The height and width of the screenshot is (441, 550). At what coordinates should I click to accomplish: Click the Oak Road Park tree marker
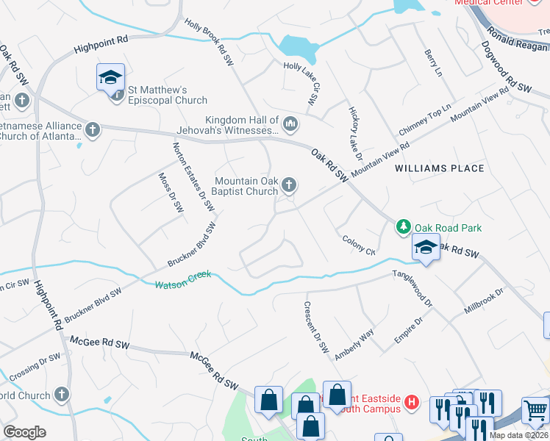402,227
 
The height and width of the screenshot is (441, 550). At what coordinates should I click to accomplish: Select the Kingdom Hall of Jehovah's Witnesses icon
290,124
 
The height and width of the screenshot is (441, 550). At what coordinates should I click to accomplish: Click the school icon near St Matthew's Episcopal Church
110,77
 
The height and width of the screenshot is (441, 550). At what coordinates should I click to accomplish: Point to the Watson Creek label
182,279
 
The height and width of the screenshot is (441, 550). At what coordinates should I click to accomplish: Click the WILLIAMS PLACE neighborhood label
439,168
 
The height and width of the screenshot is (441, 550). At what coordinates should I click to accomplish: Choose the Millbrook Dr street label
484,301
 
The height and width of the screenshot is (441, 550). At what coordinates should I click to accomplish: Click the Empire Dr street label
409,332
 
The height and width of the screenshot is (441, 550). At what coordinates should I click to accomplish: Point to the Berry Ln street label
433,63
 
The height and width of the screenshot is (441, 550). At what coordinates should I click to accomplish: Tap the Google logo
25,431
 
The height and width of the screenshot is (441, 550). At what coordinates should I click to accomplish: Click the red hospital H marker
412,402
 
